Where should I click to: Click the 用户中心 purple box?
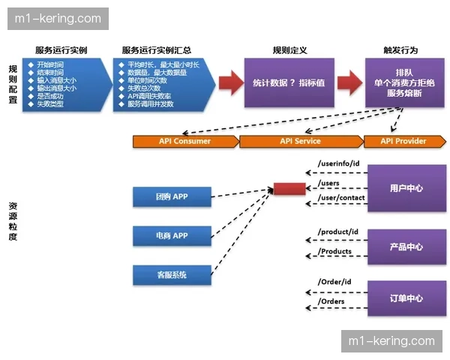click(x=406, y=188)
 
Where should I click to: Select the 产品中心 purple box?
click(x=406, y=247)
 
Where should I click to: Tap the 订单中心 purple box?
click(x=406, y=298)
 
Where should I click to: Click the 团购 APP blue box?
click(x=172, y=196)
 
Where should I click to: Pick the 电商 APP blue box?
click(x=172, y=235)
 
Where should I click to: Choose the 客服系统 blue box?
click(x=172, y=275)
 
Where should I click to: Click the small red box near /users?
click(x=289, y=187)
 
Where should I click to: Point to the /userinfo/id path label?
click(x=339, y=163)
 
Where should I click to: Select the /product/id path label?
click(x=338, y=232)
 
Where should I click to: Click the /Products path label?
click(x=335, y=251)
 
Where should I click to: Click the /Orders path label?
click(x=331, y=301)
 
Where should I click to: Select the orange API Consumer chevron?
click(x=184, y=141)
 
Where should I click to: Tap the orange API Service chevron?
click(x=300, y=141)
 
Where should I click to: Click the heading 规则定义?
click(x=289, y=50)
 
